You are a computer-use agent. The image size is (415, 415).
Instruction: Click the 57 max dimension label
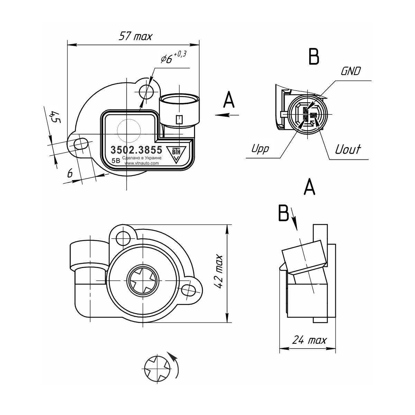pos(136,36)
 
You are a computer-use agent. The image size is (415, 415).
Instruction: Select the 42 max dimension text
pos(219,271)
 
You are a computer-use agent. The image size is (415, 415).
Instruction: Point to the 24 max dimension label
pos(309,340)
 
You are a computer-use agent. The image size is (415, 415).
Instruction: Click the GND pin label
pos(351,71)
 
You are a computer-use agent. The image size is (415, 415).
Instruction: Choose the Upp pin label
pos(260,149)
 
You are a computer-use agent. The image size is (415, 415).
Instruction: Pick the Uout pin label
pos(348,149)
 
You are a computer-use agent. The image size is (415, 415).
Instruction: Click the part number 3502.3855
pos(136,150)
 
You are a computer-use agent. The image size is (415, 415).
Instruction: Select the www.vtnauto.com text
pos(141,163)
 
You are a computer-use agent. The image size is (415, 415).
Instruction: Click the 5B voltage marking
pos(116,161)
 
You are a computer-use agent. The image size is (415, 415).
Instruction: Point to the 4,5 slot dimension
pos(55,117)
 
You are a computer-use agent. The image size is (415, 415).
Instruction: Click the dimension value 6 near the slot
pos(70,173)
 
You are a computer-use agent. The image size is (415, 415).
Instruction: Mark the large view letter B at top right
pos(314,56)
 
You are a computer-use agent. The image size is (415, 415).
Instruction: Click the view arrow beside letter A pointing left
pos(227,115)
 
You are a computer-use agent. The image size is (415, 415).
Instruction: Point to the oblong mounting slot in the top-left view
pos(81,144)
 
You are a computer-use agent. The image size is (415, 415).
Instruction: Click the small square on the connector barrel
pos(179,120)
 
